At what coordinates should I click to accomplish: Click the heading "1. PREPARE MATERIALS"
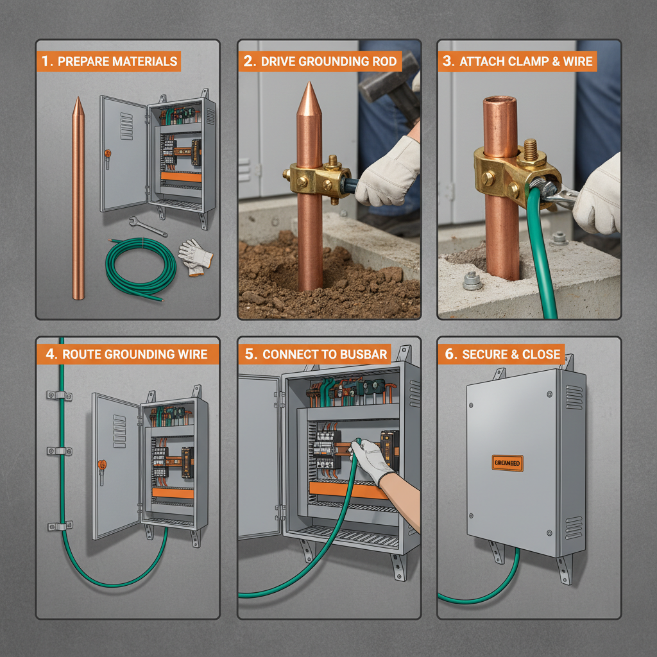tap(108, 62)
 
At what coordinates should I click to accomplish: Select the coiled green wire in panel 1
tap(141, 269)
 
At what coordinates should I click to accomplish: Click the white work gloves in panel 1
tap(195, 257)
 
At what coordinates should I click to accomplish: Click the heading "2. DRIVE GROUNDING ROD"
tap(321, 62)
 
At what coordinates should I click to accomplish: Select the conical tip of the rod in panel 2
tap(309, 97)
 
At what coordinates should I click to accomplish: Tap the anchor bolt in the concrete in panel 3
tap(472, 280)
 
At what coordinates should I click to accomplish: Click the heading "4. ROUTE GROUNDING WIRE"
tap(127, 354)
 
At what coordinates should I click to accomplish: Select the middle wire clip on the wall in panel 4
tap(59, 451)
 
